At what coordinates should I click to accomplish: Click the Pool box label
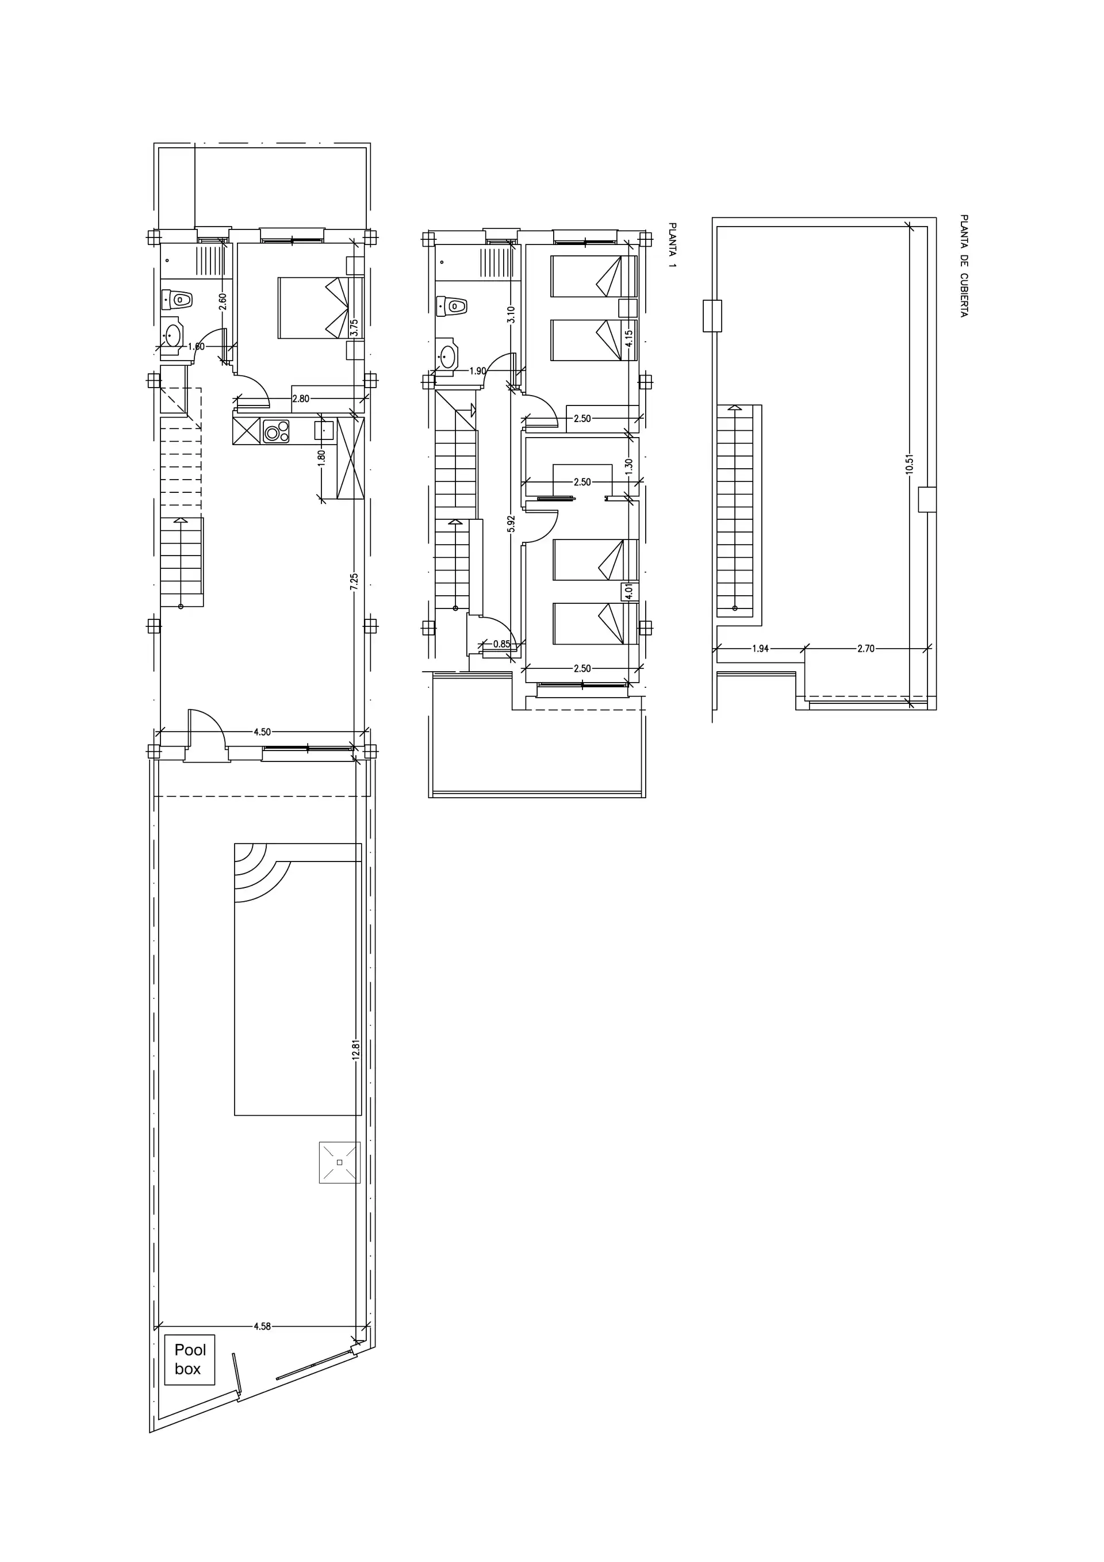[x=190, y=1358]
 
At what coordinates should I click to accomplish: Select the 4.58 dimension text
[x=263, y=1326]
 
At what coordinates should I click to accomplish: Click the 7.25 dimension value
[x=354, y=583]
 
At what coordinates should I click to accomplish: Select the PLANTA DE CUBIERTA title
[x=963, y=266]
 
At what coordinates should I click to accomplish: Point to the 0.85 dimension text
[x=501, y=644]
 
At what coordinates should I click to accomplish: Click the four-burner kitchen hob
[x=276, y=431]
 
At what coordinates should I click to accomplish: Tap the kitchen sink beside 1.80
[x=324, y=431]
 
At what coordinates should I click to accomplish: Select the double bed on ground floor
[x=320, y=308]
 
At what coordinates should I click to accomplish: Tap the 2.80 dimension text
[x=301, y=399]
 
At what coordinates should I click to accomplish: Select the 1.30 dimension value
[x=628, y=466]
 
